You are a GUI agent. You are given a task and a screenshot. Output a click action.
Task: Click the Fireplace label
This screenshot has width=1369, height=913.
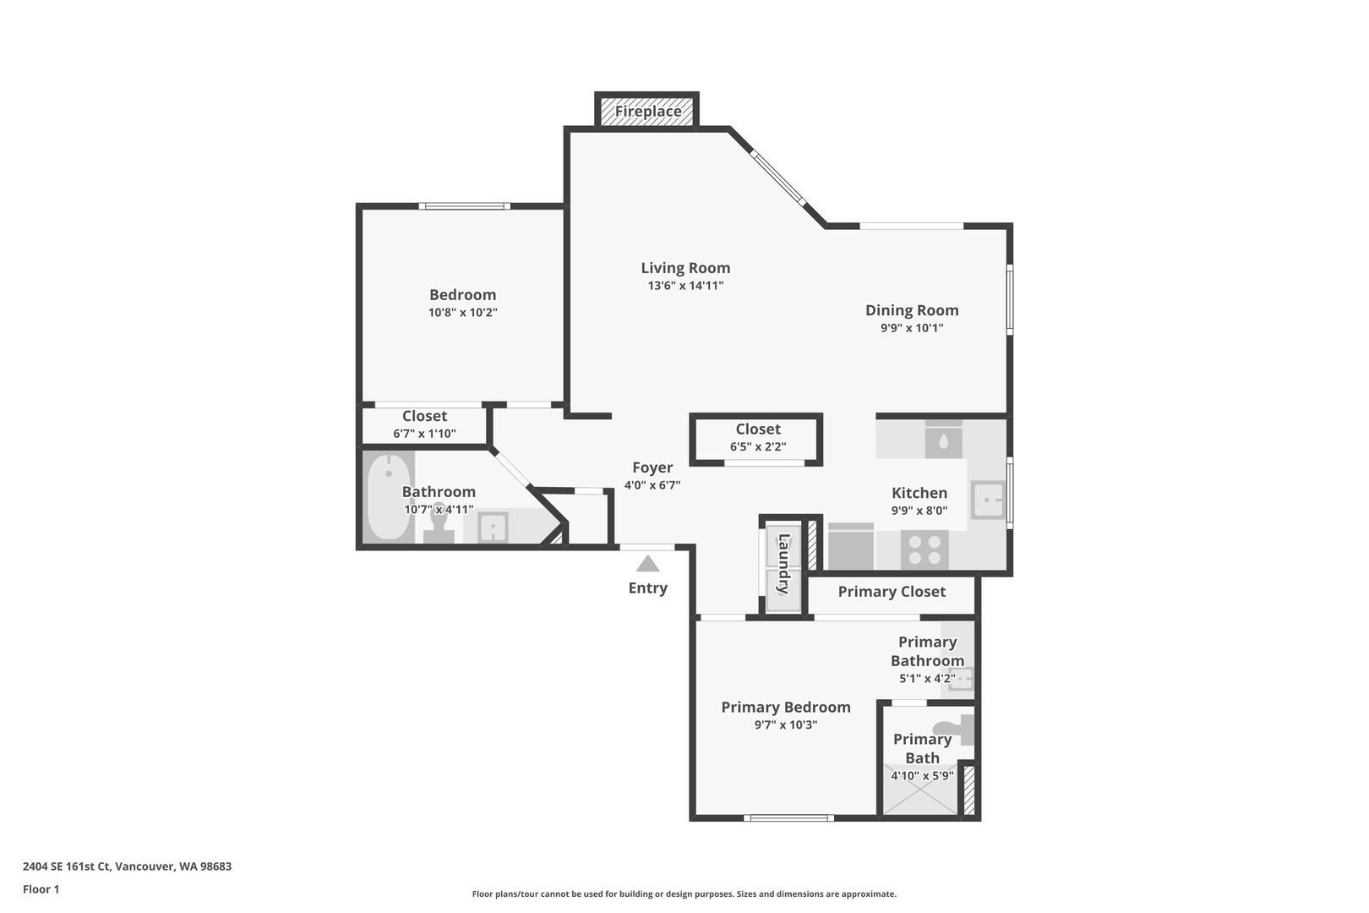click(x=648, y=112)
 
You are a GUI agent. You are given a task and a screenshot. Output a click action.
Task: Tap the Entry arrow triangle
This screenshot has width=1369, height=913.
click(x=648, y=564)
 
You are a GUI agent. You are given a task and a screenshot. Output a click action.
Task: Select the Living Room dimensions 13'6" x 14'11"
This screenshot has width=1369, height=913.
click(x=685, y=286)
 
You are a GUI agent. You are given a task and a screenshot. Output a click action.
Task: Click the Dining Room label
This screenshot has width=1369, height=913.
click(x=912, y=310)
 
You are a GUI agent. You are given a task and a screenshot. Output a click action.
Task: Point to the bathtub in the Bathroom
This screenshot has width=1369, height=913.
click(x=389, y=496)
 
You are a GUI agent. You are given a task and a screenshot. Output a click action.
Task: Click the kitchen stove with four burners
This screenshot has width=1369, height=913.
click(x=924, y=549)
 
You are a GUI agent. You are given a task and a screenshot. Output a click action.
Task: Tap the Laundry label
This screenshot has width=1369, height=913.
click(x=783, y=564)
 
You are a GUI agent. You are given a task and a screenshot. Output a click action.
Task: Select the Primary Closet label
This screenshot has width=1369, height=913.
click(x=892, y=592)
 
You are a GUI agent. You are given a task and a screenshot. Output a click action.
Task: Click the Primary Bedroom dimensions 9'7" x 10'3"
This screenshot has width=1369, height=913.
click(x=786, y=724)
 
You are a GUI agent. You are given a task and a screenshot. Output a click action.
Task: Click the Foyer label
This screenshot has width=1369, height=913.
click(x=652, y=467)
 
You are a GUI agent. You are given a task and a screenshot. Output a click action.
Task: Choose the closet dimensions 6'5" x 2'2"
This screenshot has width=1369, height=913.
click(x=758, y=446)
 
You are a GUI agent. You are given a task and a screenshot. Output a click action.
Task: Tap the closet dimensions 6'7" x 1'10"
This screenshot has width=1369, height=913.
click(x=425, y=434)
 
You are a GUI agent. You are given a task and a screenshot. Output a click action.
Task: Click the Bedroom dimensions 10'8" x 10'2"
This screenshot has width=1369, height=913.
click(x=462, y=313)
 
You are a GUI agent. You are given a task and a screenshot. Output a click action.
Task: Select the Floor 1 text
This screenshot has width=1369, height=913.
click(x=41, y=889)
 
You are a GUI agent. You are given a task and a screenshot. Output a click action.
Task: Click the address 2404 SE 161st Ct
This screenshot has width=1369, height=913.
click(x=67, y=867)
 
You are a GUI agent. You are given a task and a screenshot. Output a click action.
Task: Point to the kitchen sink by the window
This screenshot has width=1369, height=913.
click(x=988, y=500)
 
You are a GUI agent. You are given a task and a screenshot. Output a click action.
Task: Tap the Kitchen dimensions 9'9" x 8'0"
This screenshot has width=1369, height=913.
click(x=919, y=510)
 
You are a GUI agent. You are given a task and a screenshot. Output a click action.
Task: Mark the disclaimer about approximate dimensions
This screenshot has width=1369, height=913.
click(x=684, y=894)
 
